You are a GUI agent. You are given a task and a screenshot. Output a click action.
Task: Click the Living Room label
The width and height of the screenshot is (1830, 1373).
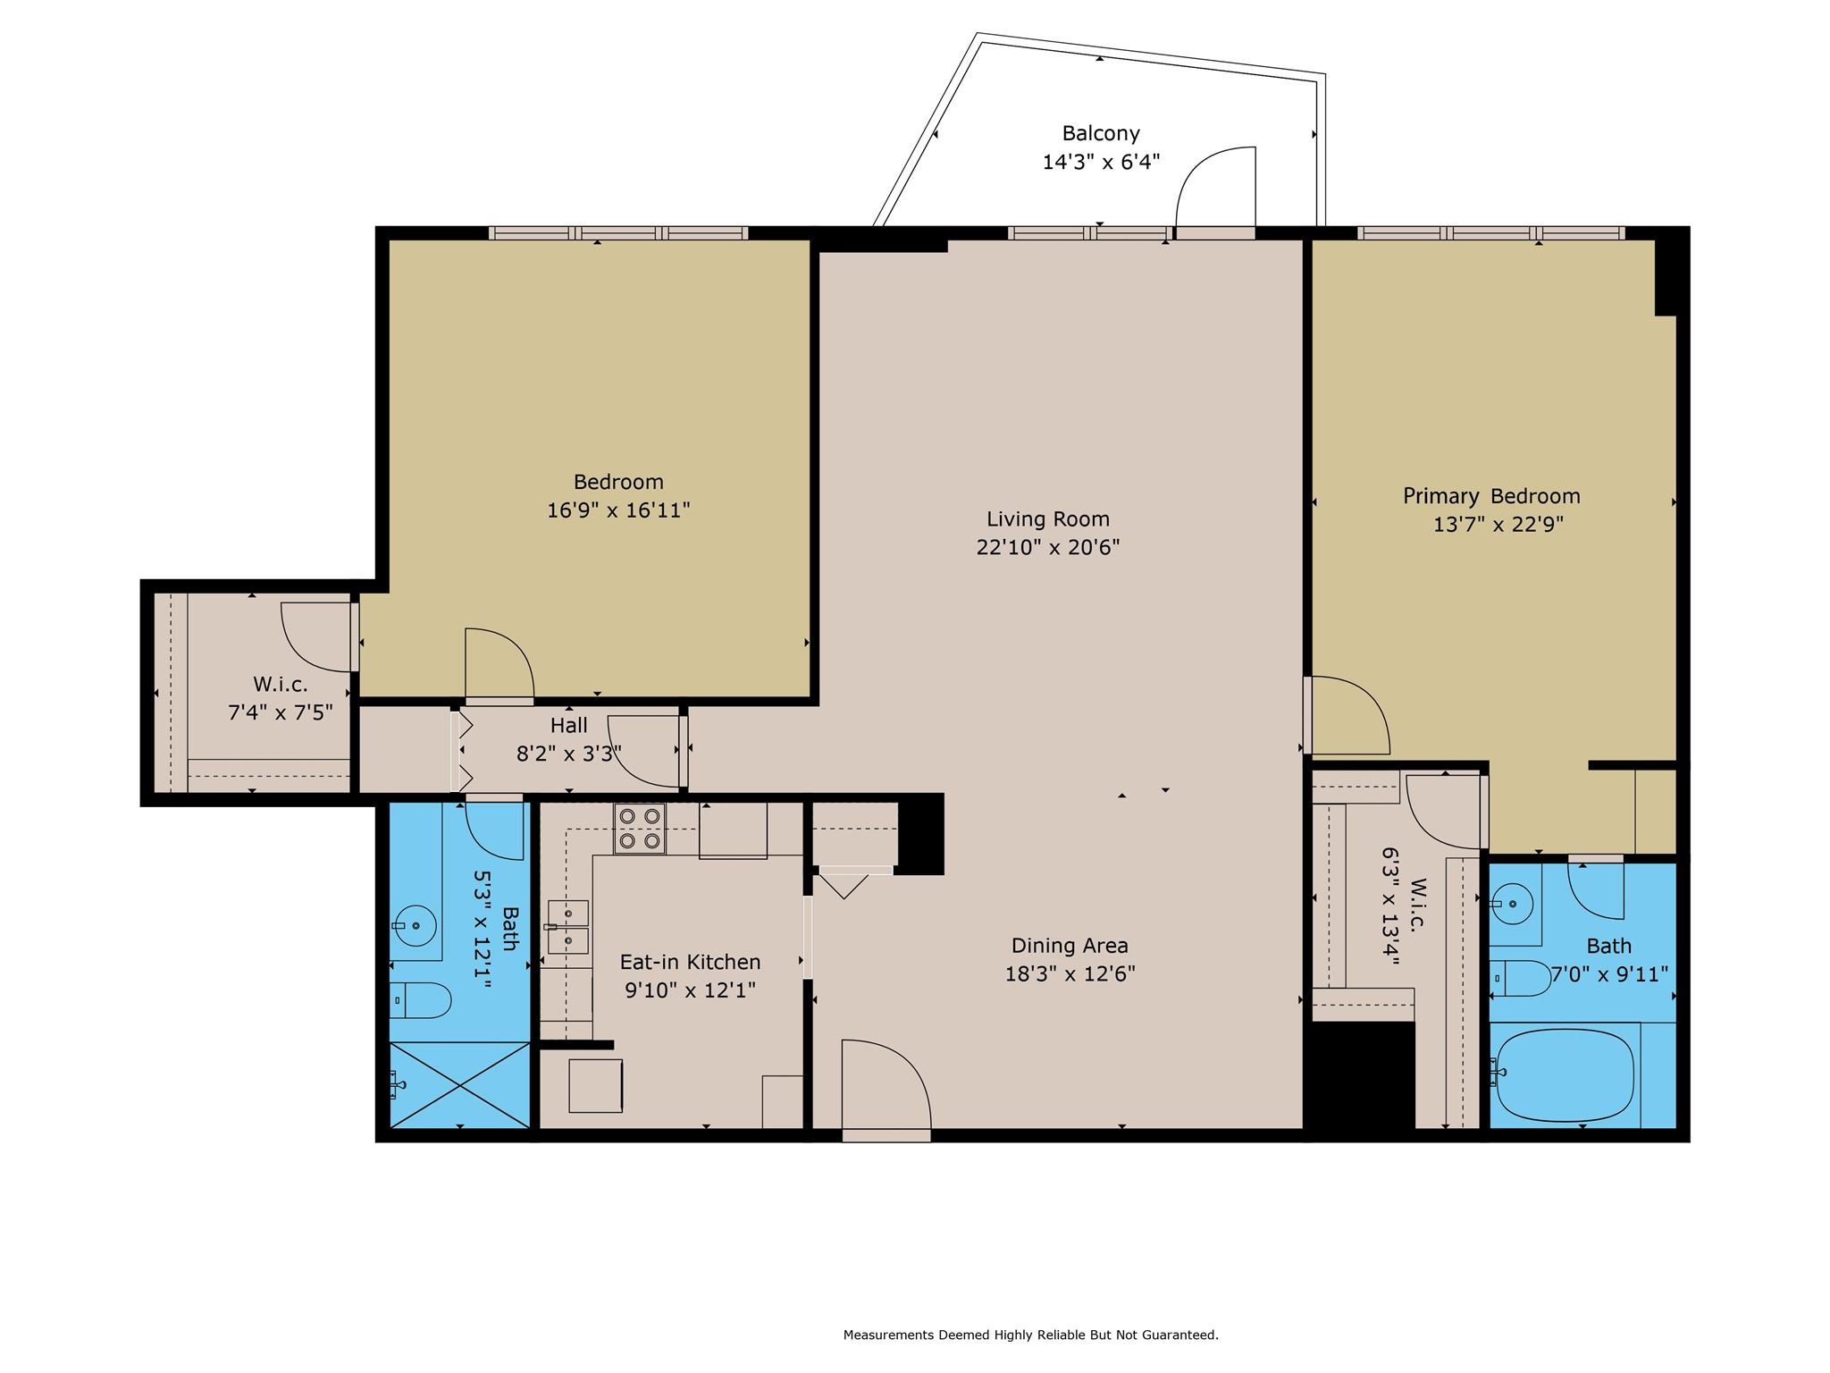click(1048, 518)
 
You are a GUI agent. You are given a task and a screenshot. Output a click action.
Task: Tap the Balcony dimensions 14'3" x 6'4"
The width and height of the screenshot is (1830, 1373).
click(1101, 162)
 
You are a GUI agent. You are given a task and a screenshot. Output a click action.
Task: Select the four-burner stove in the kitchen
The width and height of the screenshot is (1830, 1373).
click(639, 829)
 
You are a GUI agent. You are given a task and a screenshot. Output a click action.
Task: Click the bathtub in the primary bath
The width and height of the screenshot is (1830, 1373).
click(1566, 1076)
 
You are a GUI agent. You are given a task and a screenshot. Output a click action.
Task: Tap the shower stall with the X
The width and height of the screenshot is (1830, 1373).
click(460, 1084)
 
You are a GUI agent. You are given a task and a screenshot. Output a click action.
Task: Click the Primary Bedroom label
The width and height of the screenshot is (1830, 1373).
click(1491, 496)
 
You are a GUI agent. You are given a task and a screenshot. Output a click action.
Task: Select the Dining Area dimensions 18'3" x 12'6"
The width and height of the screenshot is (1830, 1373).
click(1070, 973)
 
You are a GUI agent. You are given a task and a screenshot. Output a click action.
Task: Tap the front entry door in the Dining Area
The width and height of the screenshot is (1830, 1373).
click(886, 1091)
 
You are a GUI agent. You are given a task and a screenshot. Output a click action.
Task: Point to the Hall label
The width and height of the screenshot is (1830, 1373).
click(569, 725)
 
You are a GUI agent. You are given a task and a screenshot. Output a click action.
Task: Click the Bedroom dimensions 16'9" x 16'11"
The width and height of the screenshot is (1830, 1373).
click(618, 510)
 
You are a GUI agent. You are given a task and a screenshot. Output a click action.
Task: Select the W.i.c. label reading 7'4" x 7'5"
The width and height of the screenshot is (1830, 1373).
click(281, 699)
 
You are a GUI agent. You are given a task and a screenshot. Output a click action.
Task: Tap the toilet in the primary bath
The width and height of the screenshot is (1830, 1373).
click(1521, 979)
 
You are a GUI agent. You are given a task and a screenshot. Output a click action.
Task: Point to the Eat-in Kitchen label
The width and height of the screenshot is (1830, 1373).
click(691, 962)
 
